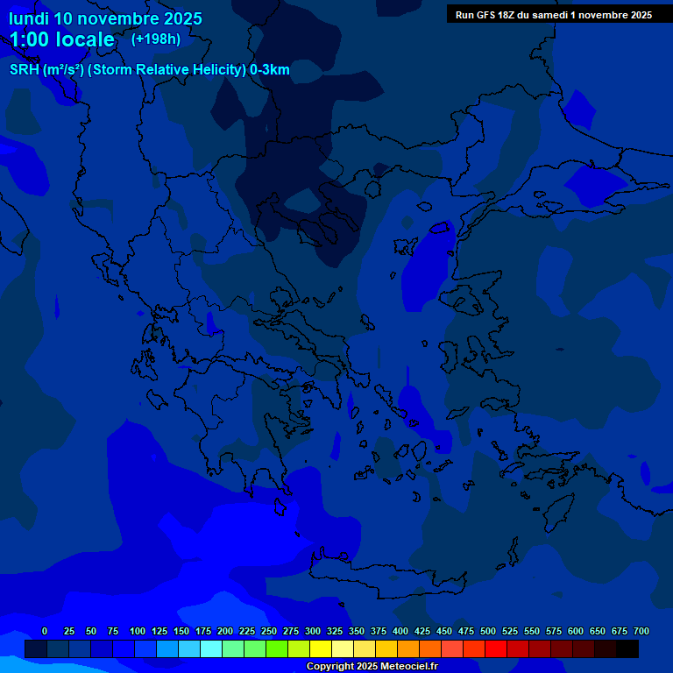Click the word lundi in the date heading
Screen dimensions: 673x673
[x=28, y=18]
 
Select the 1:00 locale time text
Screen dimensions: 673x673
[x=62, y=39]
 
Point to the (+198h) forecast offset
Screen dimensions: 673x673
[x=156, y=39]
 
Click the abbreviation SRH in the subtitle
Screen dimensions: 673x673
[x=24, y=70]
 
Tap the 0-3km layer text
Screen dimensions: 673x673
[x=270, y=70]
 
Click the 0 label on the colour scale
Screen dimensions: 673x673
[x=45, y=631]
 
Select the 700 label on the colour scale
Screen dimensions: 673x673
[x=641, y=631]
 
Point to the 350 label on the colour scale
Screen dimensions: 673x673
[x=357, y=631]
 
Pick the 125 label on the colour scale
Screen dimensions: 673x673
[x=159, y=631]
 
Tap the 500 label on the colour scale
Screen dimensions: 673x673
[x=488, y=631]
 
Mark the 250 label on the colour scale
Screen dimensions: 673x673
[x=269, y=631]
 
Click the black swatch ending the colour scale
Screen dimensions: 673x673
[x=627, y=649]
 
